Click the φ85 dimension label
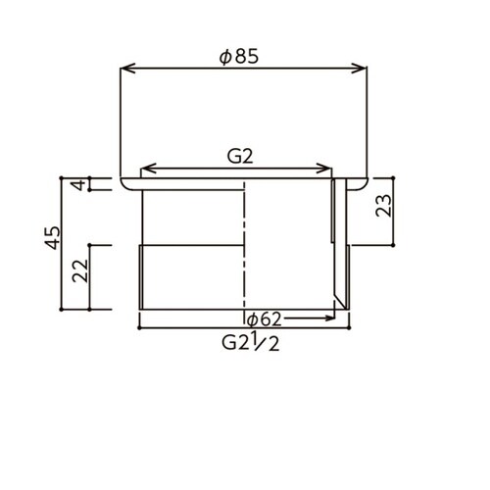[239, 57]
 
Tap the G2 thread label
[240, 157]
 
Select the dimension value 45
[53, 238]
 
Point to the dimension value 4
[79, 184]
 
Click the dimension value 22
[80, 270]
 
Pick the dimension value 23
[383, 206]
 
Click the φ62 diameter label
[264, 319]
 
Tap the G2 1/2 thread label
[251, 343]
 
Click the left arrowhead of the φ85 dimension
[127, 69]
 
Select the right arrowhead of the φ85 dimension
[359, 69]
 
